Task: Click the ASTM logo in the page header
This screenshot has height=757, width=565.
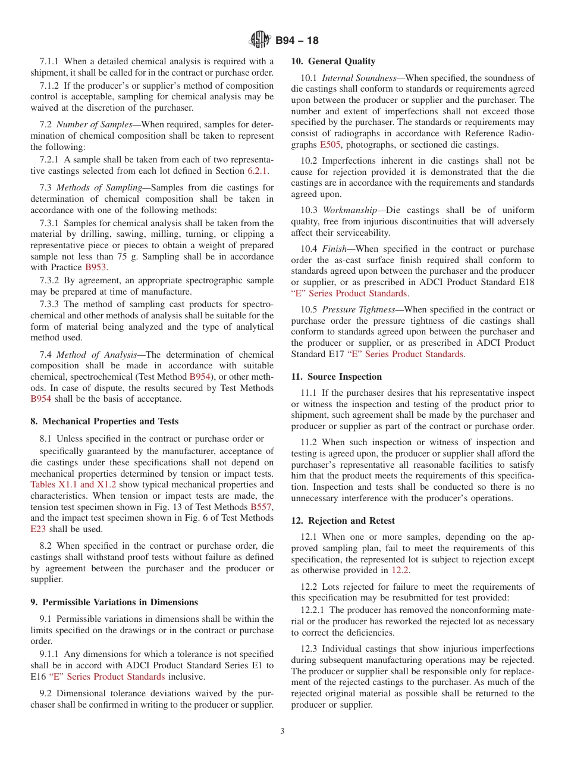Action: [x=259, y=40]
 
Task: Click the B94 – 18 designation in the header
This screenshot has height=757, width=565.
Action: [x=297, y=40]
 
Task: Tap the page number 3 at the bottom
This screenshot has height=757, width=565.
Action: [x=282, y=731]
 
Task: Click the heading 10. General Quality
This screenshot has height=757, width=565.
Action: [x=333, y=61]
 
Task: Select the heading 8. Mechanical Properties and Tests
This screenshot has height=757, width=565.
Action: [x=104, y=421]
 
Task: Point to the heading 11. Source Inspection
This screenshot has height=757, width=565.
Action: [x=337, y=377]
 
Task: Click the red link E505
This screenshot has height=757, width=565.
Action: [x=331, y=145]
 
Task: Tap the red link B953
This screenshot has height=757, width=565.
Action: [x=96, y=268]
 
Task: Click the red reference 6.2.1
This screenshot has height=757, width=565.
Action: [x=258, y=171]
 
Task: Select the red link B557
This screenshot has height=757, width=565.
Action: [x=261, y=507]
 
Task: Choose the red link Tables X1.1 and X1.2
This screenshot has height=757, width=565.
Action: [x=73, y=484]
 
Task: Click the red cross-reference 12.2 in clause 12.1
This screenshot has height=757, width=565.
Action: [x=400, y=570]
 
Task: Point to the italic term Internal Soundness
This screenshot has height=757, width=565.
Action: [x=359, y=78]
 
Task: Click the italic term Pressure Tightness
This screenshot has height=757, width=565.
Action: [x=359, y=309]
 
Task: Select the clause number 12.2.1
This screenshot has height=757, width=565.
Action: [x=313, y=610]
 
